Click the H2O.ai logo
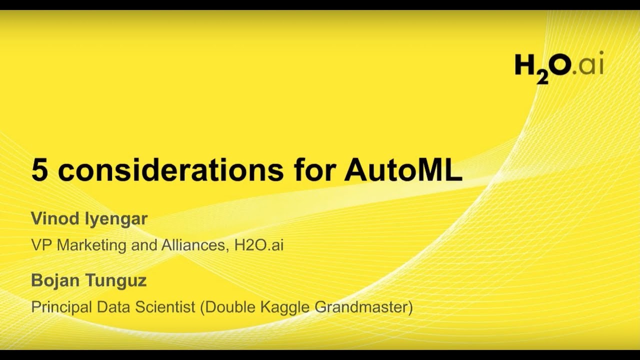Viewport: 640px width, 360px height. [x=559, y=67]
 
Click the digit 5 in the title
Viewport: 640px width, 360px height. [x=39, y=170]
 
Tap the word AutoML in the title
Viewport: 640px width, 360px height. [x=403, y=170]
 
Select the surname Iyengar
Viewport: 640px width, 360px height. [x=116, y=219]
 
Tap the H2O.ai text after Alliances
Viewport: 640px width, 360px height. [x=259, y=245]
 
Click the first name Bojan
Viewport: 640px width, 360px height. [x=55, y=280]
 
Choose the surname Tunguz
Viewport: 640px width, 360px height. [x=116, y=280]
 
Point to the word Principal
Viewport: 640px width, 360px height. [x=61, y=307]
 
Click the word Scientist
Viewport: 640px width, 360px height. [x=165, y=307]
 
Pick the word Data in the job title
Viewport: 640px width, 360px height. [x=113, y=307]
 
